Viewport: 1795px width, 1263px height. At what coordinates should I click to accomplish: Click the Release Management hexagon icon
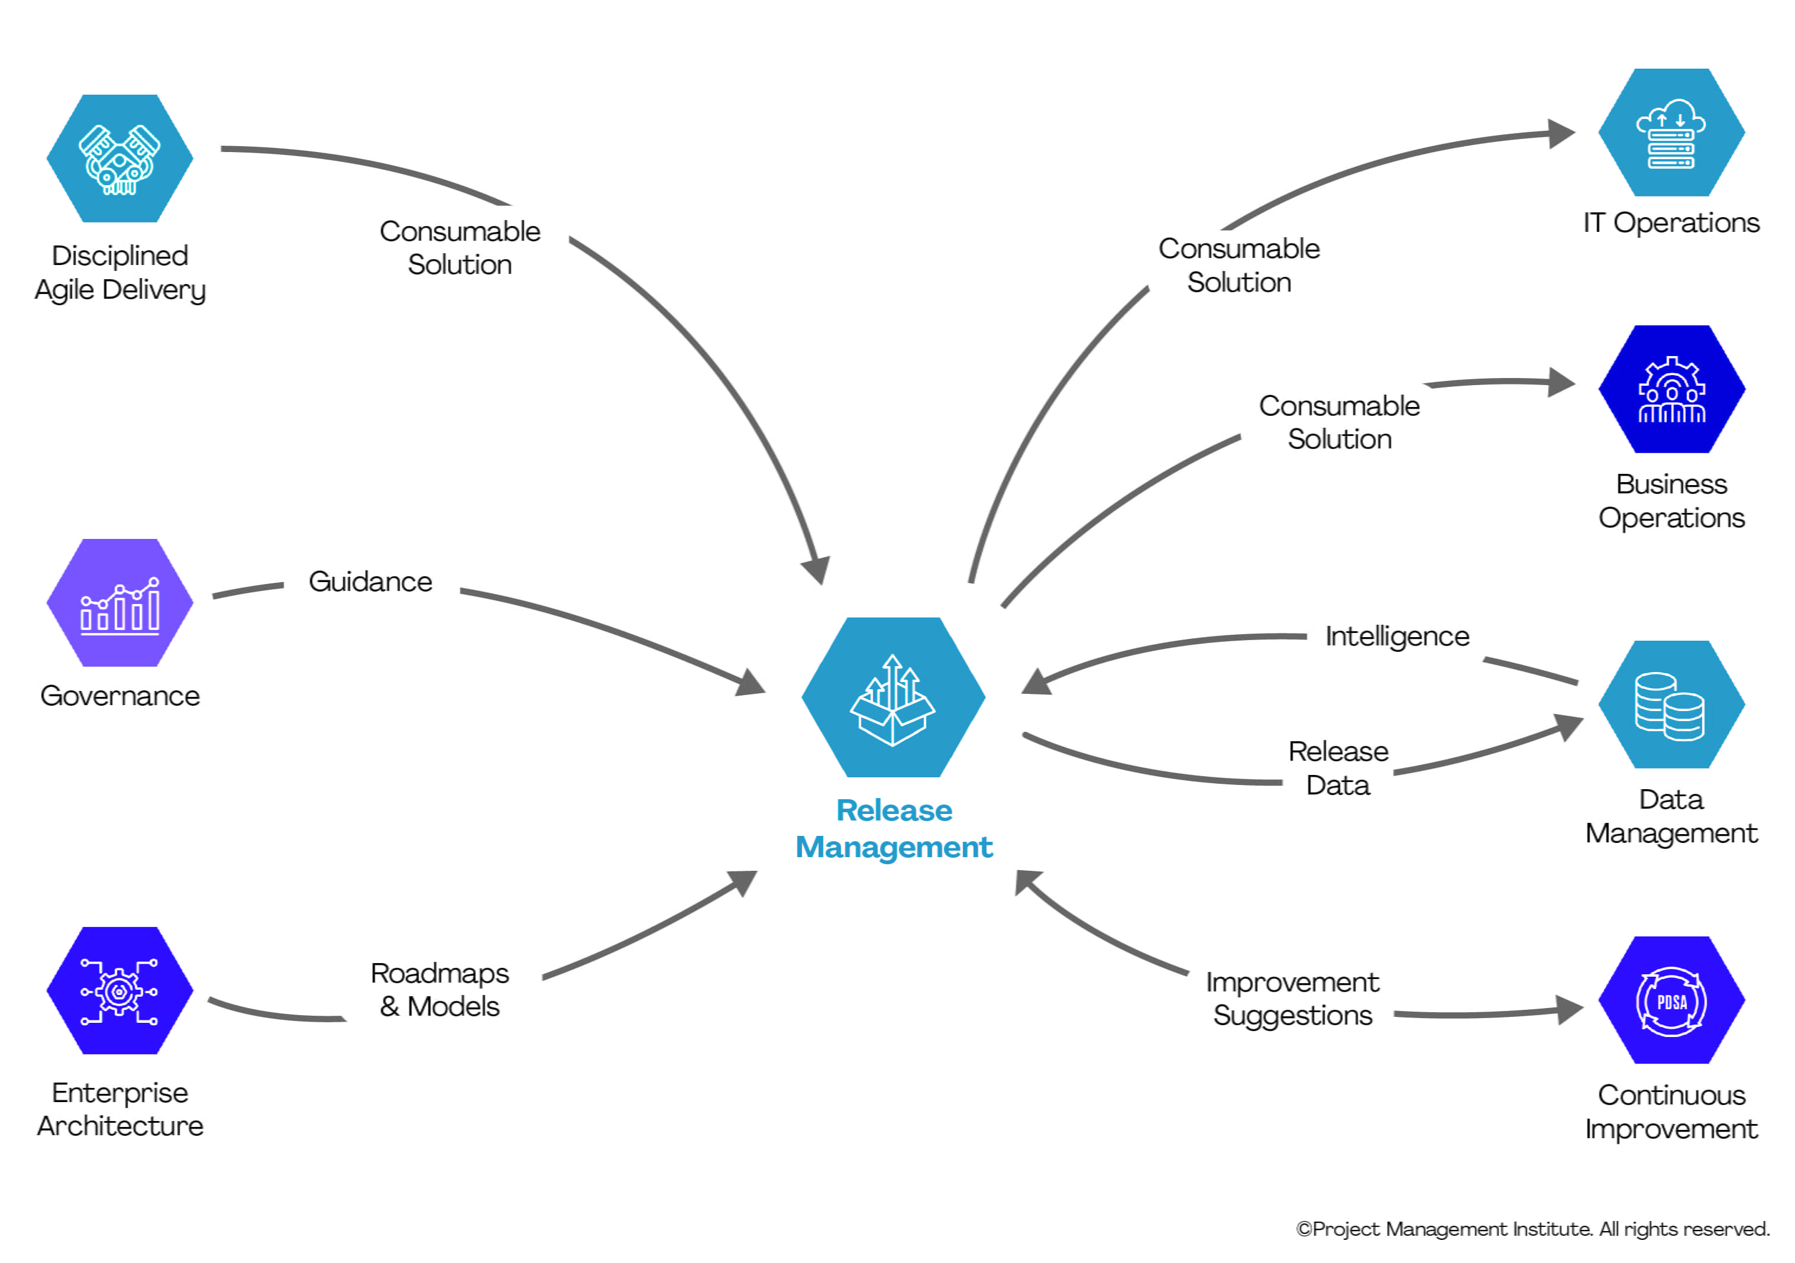(893, 697)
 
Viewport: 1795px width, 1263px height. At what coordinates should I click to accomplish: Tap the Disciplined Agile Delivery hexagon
(119, 159)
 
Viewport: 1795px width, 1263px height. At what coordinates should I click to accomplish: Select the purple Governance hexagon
(119, 603)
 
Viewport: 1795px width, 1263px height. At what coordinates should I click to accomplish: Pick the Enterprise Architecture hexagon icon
(119, 991)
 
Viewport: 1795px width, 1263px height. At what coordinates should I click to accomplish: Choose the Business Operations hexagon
(1671, 389)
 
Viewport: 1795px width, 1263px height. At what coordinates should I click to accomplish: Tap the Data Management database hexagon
(1671, 705)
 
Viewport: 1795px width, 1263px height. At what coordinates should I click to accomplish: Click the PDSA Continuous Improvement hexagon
(1671, 1000)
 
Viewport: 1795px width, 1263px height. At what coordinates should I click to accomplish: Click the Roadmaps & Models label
(439, 990)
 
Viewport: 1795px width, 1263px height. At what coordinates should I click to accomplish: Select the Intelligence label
(1397, 637)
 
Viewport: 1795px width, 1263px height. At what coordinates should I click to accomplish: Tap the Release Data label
(1338, 768)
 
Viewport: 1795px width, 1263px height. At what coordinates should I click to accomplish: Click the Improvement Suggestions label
(1292, 999)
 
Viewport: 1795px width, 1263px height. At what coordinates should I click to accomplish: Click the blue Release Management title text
(894, 829)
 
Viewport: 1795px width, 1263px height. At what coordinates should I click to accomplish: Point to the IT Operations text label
(1671, 223)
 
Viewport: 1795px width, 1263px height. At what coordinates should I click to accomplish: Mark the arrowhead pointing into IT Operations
(1560, 133)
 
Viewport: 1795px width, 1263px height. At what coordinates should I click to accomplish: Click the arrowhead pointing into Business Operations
(1560, 382)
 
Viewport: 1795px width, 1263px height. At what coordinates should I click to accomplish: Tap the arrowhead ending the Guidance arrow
(751, 683)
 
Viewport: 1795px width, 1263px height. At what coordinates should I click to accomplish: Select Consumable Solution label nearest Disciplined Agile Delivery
(460, 248)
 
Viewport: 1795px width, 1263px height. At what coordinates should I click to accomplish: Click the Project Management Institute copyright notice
(1532, 1229)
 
